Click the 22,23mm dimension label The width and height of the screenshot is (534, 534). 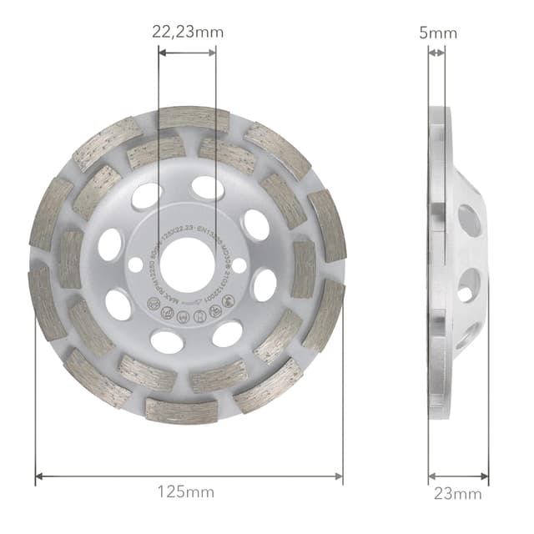tap(188, 33)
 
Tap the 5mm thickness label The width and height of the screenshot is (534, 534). tap(437, 33)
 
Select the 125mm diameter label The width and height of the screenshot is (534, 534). tap(188, 492)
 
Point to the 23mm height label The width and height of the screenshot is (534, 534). tap(457, 493)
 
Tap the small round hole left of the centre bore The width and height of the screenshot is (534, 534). tap(135, 264)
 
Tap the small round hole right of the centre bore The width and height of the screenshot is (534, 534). tap(239, 264)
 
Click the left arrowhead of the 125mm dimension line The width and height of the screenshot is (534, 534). tap(39, 477)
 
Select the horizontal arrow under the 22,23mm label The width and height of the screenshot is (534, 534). tap(187, 52)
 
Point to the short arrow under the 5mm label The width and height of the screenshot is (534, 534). tap(436, 52)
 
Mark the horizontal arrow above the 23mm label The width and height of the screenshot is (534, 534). tap(458, 477)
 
